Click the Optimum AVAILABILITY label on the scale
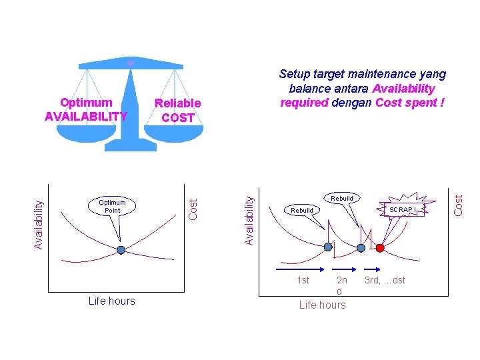pos(85,110)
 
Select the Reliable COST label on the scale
pos(177,111)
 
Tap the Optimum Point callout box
pos(113,206)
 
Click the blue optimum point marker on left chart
pos(121,250)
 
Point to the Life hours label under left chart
pos(111,301)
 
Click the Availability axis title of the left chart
pos(39,217)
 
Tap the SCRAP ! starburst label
pos(403,209)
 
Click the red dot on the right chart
pos(380,248)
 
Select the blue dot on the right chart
pos(328,247)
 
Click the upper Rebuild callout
pos(342,198)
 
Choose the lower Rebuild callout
pos(302,210)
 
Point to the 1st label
pos(303,280)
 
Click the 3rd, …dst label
pos(385,280)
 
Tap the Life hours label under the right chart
pos(323,305)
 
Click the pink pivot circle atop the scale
pos(131,62)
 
